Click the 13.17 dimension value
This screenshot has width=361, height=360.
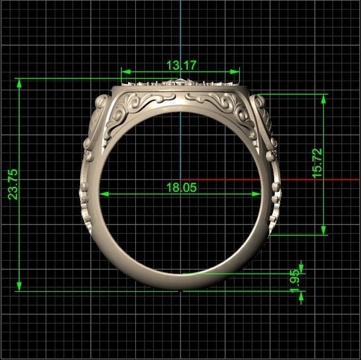coord(181,65)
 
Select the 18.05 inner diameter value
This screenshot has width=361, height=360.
coord(181,188)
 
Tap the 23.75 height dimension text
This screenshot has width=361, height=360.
coord(12,185)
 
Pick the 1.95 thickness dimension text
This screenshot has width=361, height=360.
coord(294,281)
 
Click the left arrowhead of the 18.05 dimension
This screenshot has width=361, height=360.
coord(103,194)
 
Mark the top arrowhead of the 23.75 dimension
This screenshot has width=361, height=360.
coord(20,82)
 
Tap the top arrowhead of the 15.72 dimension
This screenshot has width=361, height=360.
coord(324,98)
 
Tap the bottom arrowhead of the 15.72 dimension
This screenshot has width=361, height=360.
coord(324,231)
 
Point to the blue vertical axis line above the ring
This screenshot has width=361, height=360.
coord(181,34)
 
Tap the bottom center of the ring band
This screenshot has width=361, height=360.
coord(181,282)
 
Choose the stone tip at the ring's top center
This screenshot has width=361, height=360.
coord(180,81)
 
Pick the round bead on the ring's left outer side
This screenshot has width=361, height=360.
coord(84,187)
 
